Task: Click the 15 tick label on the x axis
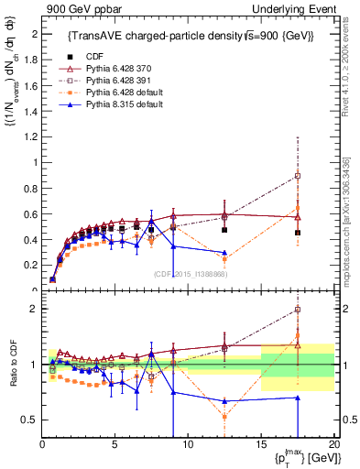pos(261,443)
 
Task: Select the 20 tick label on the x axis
pos(333,443)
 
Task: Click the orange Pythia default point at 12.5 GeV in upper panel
pos(224,259)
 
